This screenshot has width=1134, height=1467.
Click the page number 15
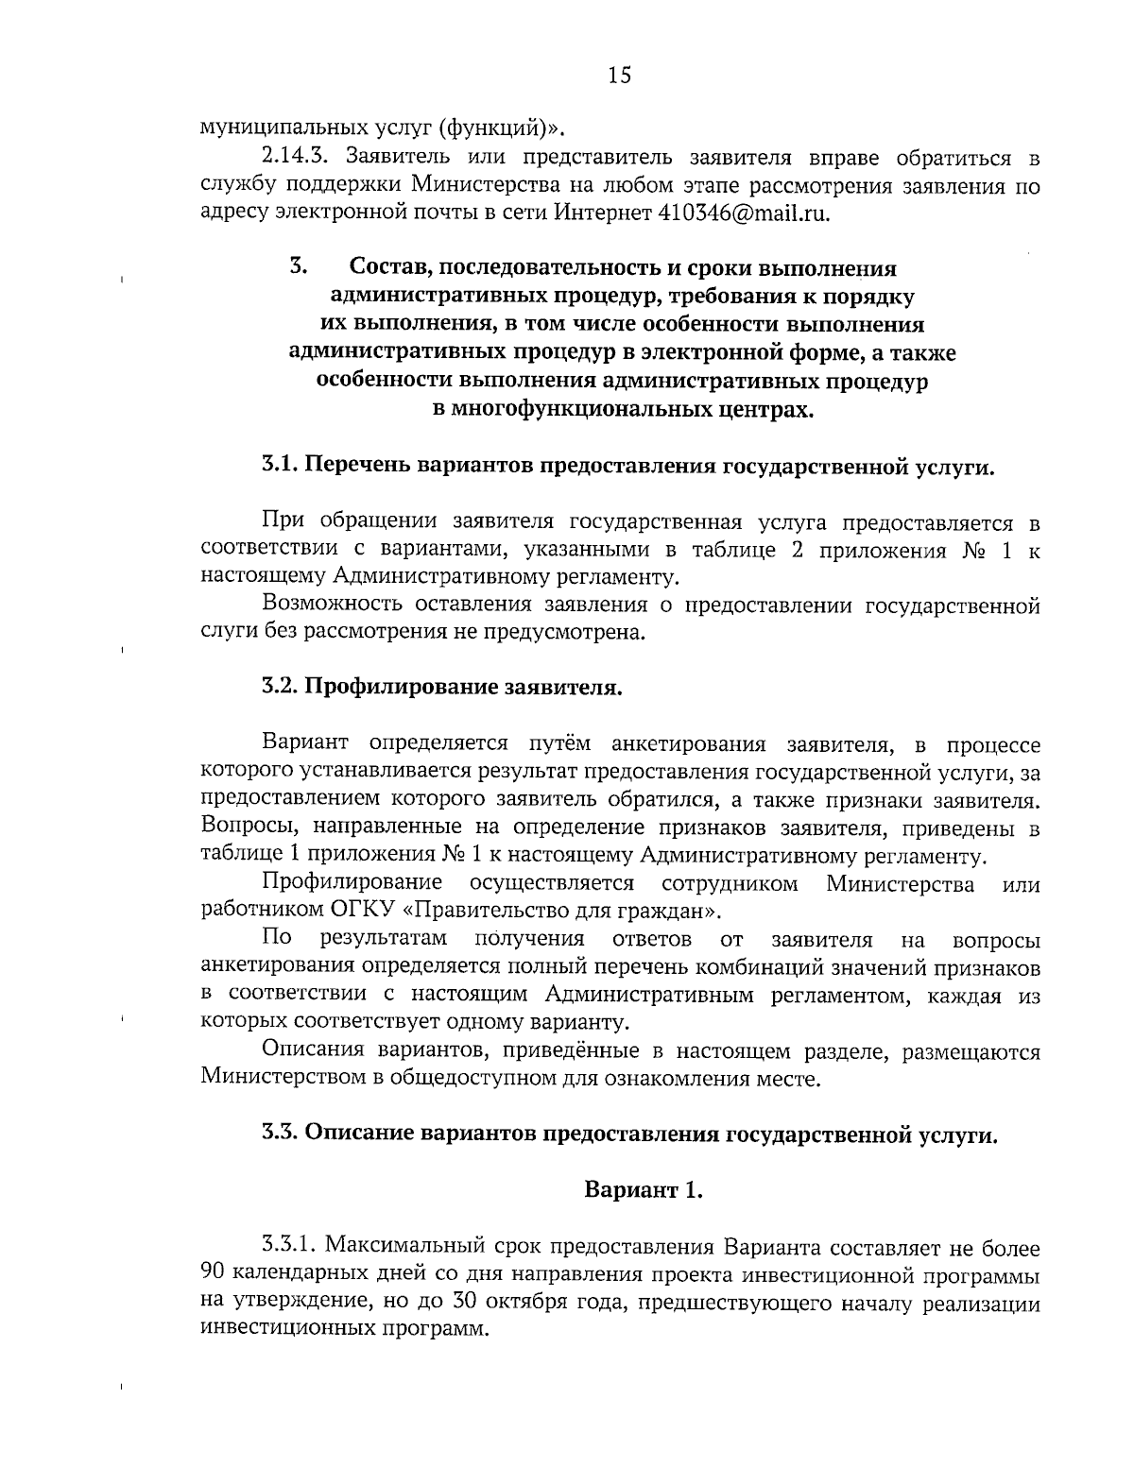620,76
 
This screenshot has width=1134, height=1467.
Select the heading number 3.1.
281,467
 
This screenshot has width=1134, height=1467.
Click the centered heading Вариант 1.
644,1189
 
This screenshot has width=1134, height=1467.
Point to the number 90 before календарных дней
214,1275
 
